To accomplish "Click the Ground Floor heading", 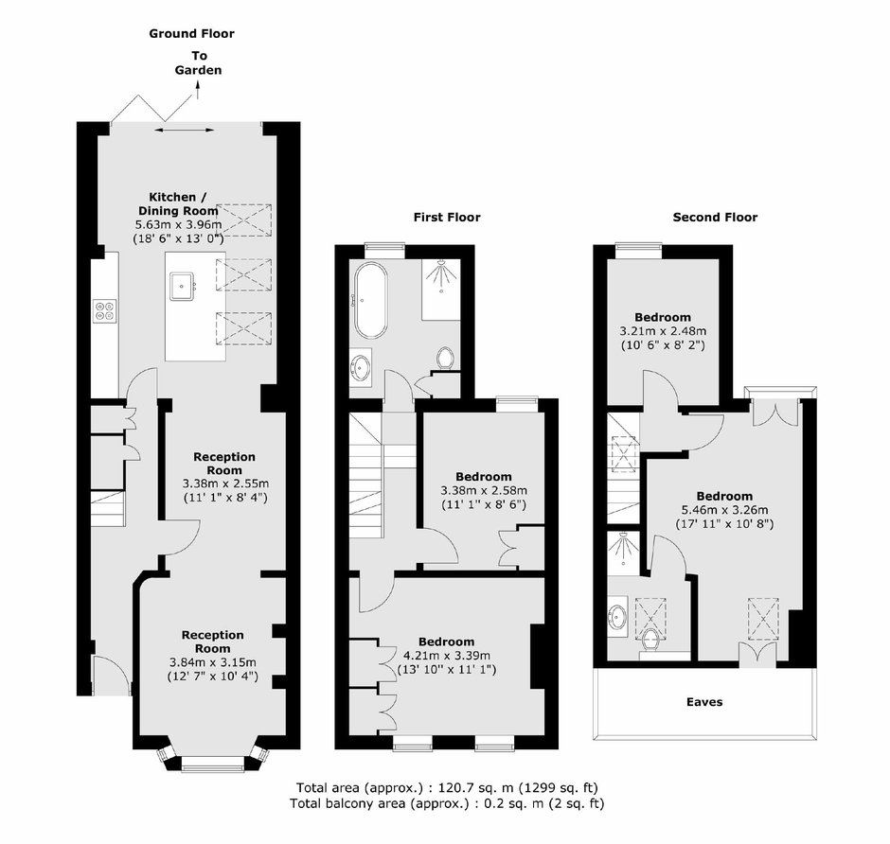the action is click(x=191, y=33).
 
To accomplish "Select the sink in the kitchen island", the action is click(x=182, y=286).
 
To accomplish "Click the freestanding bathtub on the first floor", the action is click(x=371, y=301).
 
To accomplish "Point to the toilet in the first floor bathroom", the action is click(x=446, y=359).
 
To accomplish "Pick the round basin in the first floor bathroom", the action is click(x=361, y=367).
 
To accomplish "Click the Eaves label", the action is click(x=704, y=702).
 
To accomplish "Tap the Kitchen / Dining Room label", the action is click(x=178, y=203).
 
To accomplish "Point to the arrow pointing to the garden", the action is click(x=198, y=90).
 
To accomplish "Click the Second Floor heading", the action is click(x=715, y=218).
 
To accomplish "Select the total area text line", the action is click(x=447, y=787).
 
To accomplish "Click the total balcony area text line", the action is click(x=447, y=803).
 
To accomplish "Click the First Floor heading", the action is click(x=447, y=218).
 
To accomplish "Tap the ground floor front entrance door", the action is click(x=112, y=675).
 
